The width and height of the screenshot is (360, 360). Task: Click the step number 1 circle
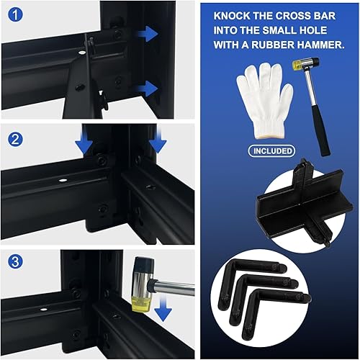coord(15,15)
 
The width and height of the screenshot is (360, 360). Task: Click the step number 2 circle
coord(15,140)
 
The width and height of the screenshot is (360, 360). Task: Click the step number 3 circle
coord(15,261)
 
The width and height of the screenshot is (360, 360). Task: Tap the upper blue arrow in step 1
coord(148,34)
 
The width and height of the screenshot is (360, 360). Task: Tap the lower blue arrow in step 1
coord(148,89)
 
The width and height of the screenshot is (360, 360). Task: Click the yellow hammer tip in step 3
coord(141,304)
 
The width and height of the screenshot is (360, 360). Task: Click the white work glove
coord(264,100)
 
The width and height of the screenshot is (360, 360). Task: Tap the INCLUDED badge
coord(271,151)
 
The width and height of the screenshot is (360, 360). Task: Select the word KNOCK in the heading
coord(232,16)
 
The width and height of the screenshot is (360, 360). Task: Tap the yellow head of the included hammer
coord(297,64)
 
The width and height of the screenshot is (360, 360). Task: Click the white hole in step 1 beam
coord(82,52)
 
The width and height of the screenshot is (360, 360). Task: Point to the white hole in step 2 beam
coord(63,180)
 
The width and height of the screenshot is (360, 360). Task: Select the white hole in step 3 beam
coord(43,310)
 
